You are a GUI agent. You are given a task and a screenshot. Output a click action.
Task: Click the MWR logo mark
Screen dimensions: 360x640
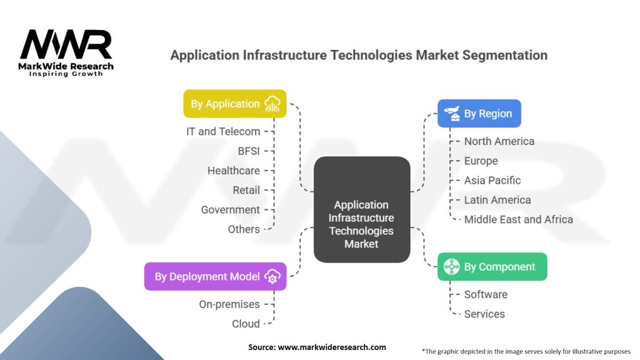(66, 45)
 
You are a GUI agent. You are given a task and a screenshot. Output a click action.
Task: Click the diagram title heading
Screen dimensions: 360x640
(359, 55)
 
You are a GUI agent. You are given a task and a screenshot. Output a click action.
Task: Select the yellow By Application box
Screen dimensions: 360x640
(234, 104)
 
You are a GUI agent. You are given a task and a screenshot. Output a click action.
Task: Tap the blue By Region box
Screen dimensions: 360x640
(479, 114)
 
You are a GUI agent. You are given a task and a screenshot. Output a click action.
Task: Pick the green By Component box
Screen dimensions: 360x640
(492, 267)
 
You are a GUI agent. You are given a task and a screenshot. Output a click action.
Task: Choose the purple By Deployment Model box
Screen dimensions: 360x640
(216, 276)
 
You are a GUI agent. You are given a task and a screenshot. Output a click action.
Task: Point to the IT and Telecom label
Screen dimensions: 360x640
(223, 131)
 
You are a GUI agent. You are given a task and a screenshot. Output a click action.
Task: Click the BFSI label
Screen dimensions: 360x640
(249, 151)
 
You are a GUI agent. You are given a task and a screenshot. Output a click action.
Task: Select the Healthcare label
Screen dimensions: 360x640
(234, 171)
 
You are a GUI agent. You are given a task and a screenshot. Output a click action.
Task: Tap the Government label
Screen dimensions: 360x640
(230, 209)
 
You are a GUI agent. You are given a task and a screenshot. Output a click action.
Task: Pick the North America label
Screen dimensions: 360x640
(499, 141)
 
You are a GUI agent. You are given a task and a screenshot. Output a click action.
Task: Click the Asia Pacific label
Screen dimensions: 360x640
(492, 181)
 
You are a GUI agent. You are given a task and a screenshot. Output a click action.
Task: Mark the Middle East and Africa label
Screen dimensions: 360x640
(518, 219)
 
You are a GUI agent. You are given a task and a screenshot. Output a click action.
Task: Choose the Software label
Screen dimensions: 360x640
(486, 294)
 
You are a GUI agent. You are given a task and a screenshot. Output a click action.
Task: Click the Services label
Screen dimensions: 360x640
(484, 314)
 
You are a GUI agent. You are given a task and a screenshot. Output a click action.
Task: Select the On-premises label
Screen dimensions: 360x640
(229, 304)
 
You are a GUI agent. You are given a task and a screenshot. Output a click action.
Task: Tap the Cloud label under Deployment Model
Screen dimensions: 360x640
(246, 324)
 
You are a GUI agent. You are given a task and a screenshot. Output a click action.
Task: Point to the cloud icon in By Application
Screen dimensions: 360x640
(272, 104)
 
